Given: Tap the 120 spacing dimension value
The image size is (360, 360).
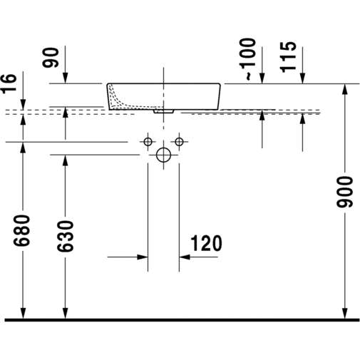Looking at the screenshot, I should (205, 244).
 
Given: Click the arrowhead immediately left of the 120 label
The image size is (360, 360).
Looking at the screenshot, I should (184, 255).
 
